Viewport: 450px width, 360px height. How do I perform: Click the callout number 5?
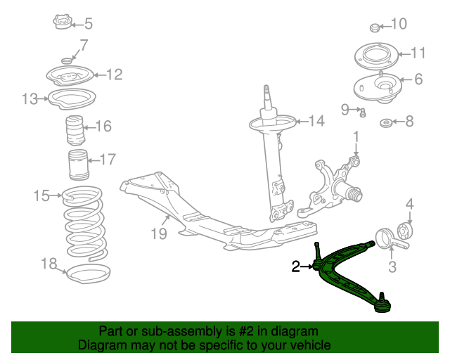(x=88, y=24)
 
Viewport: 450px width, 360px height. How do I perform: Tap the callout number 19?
(x=159, y=233)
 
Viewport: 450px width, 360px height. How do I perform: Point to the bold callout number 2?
(x=296, y=266)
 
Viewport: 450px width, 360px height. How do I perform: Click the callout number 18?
(x=49, y=264)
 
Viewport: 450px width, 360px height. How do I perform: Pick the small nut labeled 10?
(x=375, y=28)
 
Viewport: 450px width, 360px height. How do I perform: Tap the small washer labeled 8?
(x=386, y=124)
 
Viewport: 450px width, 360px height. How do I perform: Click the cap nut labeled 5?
(x=63, y=23)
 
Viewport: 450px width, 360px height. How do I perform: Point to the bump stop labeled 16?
(x=74, y=131)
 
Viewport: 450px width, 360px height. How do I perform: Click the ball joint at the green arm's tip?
(x=383, y=302)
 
